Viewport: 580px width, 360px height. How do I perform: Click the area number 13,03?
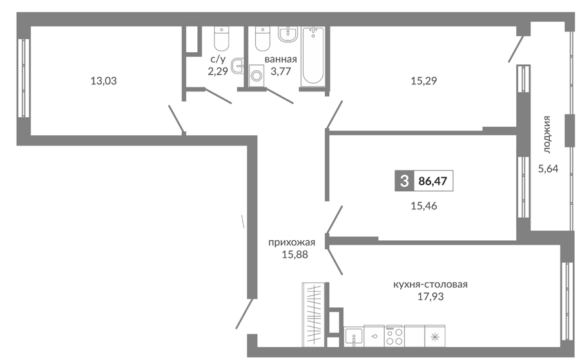click(x=104, y=81)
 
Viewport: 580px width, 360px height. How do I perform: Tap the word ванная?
click(x=281, y=59)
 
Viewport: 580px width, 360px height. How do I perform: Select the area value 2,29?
click(x=218, y=71)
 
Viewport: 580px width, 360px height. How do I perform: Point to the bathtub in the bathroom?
click(x=313, y=57)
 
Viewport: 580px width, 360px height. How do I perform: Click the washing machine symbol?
click(x=256, y=76)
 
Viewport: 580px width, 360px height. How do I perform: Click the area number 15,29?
click(x=424, y=81)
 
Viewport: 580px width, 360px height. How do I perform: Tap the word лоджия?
click(x=547, y=135)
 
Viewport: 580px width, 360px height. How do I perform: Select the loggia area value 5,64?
click(x=548, y=169)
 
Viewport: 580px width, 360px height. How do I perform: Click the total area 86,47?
click(x=433, y=181)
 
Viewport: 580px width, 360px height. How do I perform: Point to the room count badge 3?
click(x=404, y=181)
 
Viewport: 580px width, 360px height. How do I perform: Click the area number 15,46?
click(x=424, y=206)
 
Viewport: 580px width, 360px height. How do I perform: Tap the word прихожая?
click(x=291, y=242)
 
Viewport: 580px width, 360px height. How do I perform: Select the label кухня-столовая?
click(x=430, y=284)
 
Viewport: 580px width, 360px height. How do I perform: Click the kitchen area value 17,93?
click(x=430, y=296)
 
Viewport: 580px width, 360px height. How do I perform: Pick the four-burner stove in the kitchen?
click(x=394, y=336)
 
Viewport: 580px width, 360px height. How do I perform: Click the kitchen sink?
click(x=354, y=336)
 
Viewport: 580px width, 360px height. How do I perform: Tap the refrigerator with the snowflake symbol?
click(x=435, y=336)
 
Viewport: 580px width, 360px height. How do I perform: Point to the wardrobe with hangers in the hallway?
click(x=313, y=314)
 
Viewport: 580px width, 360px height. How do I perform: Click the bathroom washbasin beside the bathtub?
click(x=288, y=34)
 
